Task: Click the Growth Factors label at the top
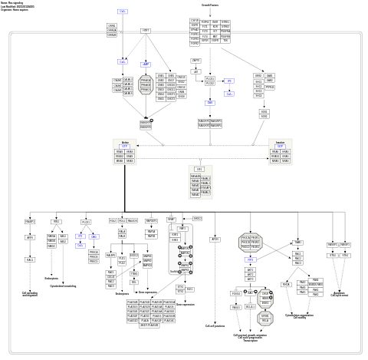pyautogui.click(x=211, y=5)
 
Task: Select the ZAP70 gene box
pyautogui.click(x=195, y=60)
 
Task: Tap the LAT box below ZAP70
pyautogui.click(x=195, y=71)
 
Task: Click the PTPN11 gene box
pyautogui.click(x=269, y=87)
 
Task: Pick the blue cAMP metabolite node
pyautogui.click(x=146, y=64)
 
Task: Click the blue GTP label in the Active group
pyautogui.click(x=125, y=146)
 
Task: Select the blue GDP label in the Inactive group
pyautogui.click(x=281, y=146)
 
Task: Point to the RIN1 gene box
pyautogui.click(x=57, y=222)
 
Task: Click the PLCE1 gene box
pyautogui.click(x=86, y=222)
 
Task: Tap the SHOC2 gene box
pyautogui.click(x=197, y=219)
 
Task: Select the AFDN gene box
pyautogui.click(x=215, y=239)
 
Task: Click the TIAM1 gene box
pyautogui.click(x=297, y=243)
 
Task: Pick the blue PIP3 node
pyautogui.click(x=250, y=259)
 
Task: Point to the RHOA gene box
pyautogui.click(x=287, y=283)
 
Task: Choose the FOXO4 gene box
pyautogui.click(x=235, y=293)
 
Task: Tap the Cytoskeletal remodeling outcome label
pyautogui.click(x=62, y=286)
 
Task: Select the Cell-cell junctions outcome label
pyautogui.click(x=215, y=325)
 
